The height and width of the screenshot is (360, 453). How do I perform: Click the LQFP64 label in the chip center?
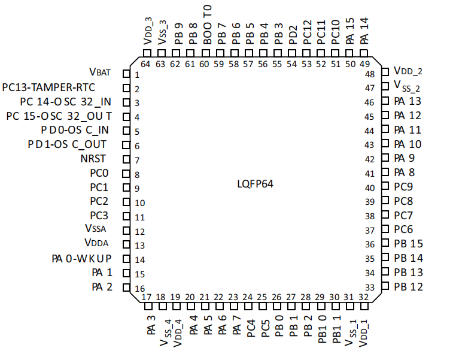(x=255, y=184)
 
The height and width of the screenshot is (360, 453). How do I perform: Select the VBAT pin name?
(x=100, y=72)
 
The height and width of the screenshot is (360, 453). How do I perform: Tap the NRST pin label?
(x=93, y=159)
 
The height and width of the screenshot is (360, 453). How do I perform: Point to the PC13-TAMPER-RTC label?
(x=48, y=87)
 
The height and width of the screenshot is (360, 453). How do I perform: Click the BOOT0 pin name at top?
(x=208, y=25)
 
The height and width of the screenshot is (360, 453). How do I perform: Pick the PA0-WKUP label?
(x=81, y=259)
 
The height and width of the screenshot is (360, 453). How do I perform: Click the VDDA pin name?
(x=96, y=243)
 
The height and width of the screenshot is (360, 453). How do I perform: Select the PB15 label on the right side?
(x=409, y=244)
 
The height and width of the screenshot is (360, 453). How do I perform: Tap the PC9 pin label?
(x=403, y=187)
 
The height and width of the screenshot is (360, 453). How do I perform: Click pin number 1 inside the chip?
(x=137, y=75)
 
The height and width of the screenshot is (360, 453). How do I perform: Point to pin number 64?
(x=145, y=64)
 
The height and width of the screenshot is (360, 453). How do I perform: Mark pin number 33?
(x=370, y=288)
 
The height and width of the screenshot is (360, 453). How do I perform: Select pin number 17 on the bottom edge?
(x=147, y=297)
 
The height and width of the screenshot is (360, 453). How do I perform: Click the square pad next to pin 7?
(x=126, y=159)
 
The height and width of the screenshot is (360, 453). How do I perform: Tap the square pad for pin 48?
(x=385, y=72)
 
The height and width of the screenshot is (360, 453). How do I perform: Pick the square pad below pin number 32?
(x=364, y=306)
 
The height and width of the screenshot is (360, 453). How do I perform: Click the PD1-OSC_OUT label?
(x=67, y=144)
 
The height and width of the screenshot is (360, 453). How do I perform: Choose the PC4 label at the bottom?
(x=251, y=328)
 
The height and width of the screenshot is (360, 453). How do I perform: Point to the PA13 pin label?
(x=408, y=101)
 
